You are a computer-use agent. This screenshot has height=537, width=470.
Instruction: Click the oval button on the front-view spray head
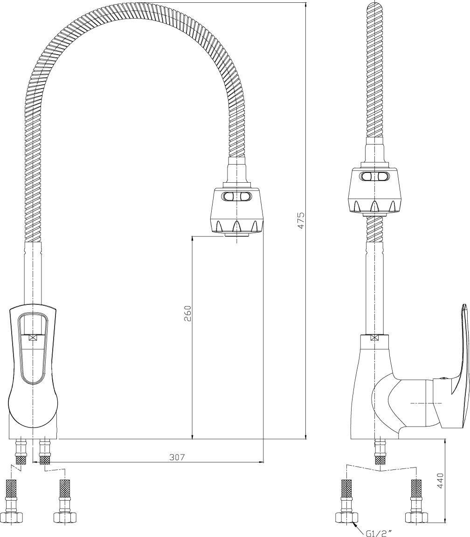237,197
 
